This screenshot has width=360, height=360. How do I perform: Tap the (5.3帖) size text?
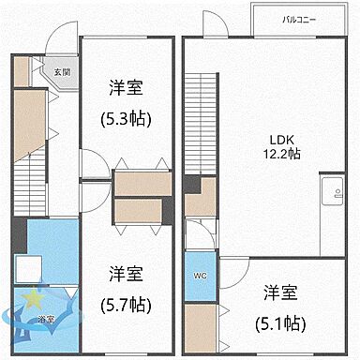pos(127,120)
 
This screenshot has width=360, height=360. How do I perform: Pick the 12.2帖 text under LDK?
pos(280,153)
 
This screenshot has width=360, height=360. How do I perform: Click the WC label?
pos(200,276)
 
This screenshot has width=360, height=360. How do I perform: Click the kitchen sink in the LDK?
pos(332,196)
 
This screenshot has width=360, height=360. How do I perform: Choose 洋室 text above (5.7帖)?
pos(127,274)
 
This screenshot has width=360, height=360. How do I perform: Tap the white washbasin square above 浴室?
pos(28,267)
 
